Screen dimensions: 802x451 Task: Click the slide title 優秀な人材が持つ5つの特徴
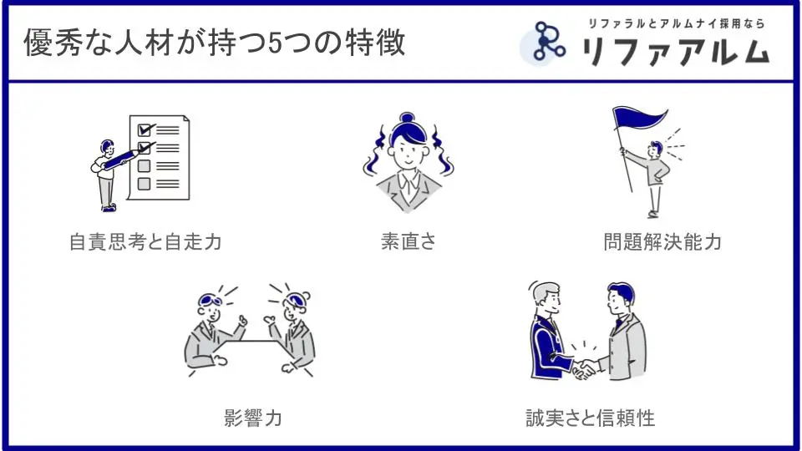pos(215,43)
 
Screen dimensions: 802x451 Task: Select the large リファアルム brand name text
pos(675,51)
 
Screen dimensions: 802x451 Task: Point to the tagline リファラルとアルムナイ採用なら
pos(676,23)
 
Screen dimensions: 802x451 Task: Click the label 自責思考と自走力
pos(145,242)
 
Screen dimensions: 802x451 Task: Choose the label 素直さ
pos(409,241)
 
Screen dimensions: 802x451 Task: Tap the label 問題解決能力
pos(662,242)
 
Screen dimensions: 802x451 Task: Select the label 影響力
pos(252,418)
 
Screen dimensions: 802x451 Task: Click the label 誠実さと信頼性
pos(591,418)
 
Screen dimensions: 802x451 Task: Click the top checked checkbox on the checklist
pos(145,130)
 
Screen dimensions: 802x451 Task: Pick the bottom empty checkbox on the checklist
pos(145,184)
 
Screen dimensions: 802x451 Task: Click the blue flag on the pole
pos(639,118)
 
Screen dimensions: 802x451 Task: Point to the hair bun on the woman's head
pos(407,118)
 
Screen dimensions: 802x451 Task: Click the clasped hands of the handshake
pos(584,368)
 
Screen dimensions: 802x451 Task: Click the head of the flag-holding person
pos(655,149)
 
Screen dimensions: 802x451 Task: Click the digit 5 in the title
pos(275,43)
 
